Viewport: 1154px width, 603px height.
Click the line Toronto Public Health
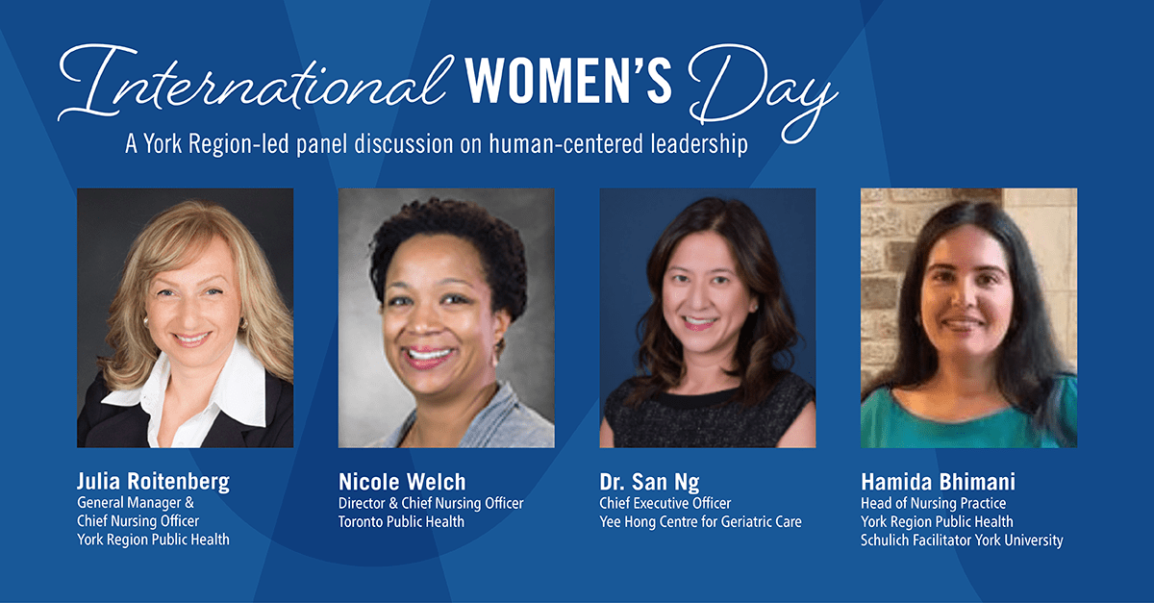coord(401,521)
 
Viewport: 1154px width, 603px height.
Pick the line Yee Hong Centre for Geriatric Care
coord(700,521)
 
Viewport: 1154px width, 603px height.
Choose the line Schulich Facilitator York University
coord(962,540)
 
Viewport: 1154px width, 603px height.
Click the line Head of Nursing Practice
coord(933,503)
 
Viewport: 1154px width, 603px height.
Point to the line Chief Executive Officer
coord(665,503)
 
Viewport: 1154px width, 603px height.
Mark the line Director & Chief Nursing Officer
coord(431,503)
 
